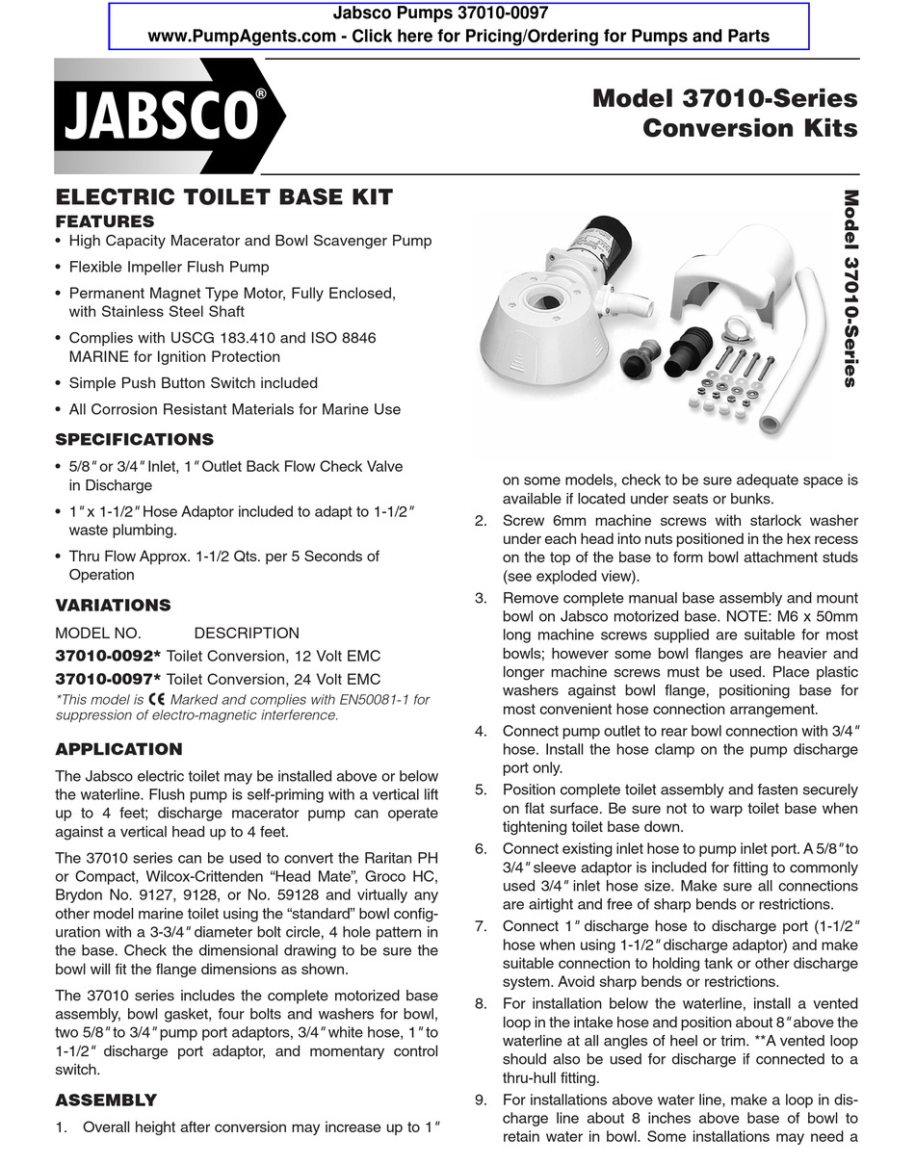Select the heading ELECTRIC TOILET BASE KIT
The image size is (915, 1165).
[x=223, y=197]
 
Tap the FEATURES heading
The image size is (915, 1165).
[x=104, y=221]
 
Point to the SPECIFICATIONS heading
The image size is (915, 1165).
[x=134, y=440]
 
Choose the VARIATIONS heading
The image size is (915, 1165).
[x=113, y=606]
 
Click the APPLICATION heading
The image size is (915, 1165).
[x=118, y=749]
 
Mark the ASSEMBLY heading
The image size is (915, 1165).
[x=105, y=1100]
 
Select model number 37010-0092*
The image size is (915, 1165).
[x=108, y=657]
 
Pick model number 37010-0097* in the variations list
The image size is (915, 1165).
[x=108, y=679]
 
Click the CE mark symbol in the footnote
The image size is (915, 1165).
[x=157, y=700]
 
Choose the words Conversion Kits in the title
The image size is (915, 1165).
[x=749, y=128]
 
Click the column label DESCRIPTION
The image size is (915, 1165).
[x=247, y=634]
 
